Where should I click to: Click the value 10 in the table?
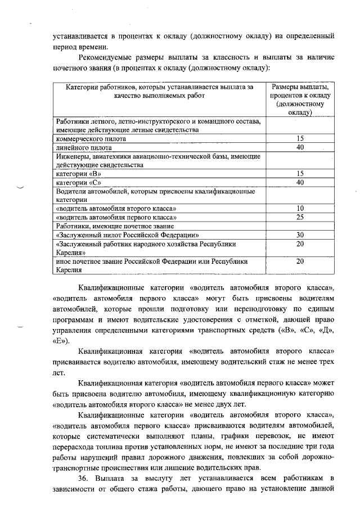[x=300, y=208]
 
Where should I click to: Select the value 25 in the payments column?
[x=300, y=217]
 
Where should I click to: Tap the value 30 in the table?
[x=300, y=235]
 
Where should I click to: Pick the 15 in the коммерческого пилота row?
[x=300, y=138]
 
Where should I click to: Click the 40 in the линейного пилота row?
[x=300, y=147]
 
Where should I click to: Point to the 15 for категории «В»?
[x=300, y=174]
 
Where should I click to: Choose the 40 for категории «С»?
[x=300, y=182]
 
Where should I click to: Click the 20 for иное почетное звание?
[x=300, y=262]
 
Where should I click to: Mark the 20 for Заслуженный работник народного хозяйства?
[x=300, y=244]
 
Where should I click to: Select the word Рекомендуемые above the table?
[x=110, y=57]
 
